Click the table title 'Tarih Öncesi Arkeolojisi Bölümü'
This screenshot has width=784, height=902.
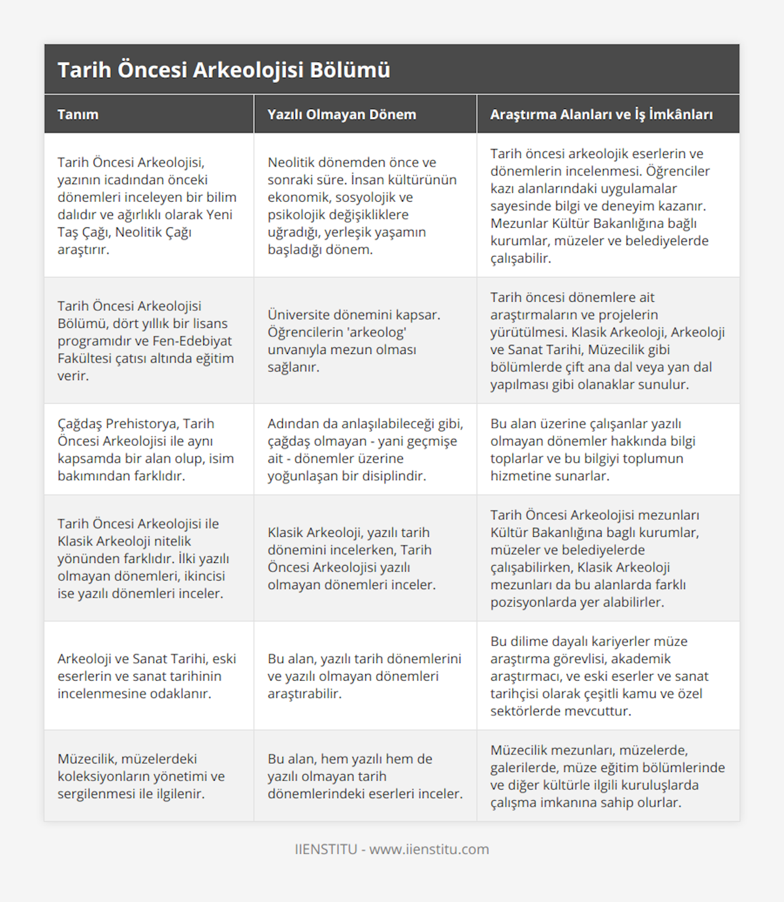223,70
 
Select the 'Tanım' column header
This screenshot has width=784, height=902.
78,114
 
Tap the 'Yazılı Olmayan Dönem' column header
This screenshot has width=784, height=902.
341,114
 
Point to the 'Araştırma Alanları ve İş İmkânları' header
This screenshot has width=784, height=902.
601,114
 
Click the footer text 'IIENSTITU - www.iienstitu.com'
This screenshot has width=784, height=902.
392,849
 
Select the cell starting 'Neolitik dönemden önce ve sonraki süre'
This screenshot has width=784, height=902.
362,206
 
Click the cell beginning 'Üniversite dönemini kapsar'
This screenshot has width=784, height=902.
354,340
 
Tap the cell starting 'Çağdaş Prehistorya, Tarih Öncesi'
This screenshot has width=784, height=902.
146,449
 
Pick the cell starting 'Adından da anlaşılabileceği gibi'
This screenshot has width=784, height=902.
365,449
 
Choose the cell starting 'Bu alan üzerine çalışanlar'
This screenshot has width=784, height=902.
593,449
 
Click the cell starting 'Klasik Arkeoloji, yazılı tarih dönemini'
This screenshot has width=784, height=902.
351,558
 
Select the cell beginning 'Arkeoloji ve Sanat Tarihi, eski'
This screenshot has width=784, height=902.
147,676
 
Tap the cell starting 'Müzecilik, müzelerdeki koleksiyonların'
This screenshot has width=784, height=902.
141,776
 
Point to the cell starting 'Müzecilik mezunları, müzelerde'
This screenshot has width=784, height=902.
608,776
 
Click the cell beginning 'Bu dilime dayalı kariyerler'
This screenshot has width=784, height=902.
600,676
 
